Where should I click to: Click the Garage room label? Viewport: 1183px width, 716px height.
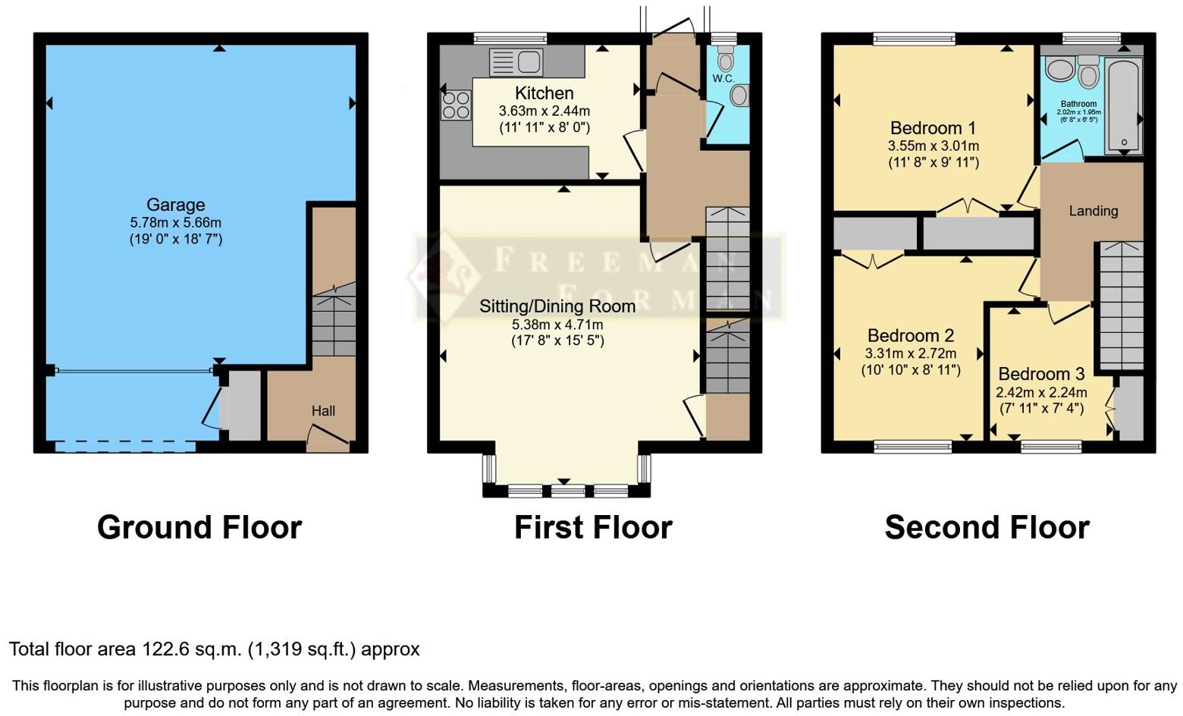[x=175, y=205]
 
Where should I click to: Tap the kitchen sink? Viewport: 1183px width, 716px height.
[x=516, y=62]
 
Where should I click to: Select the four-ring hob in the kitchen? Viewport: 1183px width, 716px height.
[x=455, y=105]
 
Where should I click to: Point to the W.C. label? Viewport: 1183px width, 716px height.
[x=723, y=79]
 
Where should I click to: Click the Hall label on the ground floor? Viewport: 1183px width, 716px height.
[x=323, y=411]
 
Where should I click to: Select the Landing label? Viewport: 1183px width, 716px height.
[x=1093, y=211]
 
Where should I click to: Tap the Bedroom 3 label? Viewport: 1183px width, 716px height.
[x=1041, y=374]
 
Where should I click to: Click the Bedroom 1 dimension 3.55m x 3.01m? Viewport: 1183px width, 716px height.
[x=934, y=146]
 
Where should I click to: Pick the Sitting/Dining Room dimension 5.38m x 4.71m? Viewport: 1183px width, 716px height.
[x=557, y=325]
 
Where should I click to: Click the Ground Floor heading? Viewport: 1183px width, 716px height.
[x=199, y=527]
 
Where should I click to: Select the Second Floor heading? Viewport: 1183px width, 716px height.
[x=987, y=527]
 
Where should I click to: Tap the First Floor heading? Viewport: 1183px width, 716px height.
[x=593, y=527]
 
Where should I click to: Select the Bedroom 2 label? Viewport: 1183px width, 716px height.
[x=911, y=335]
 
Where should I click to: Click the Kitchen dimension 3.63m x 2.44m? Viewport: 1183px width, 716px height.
[x=544, y=111]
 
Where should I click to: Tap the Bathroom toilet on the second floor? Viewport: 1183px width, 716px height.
[x=1089, y=73]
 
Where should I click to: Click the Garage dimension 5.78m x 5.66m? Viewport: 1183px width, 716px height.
[x=175, y=223]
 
